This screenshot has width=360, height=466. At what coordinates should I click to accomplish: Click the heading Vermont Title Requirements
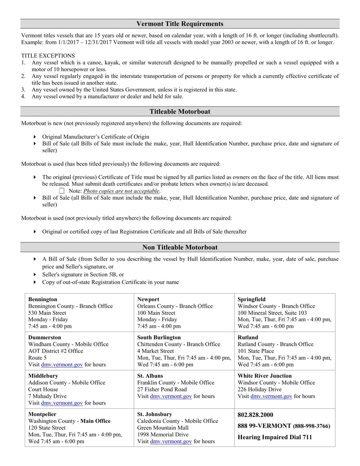[x=180, y=24]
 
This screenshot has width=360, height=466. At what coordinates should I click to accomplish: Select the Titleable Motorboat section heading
[x=180, y=112]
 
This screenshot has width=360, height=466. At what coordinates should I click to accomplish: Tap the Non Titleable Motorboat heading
[x=180, y=247]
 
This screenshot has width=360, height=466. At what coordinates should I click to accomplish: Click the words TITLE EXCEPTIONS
[x=48, y=56]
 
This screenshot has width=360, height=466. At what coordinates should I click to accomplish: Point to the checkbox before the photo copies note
[x=62, y=191]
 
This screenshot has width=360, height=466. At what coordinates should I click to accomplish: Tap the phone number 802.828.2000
[x=255, y=415]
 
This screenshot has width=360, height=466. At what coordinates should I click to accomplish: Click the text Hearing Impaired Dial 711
[x=275, y=437]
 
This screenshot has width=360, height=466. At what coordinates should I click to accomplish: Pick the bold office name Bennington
[x=42, y=299]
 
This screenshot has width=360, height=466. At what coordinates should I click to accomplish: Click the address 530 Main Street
[x=47, y=313]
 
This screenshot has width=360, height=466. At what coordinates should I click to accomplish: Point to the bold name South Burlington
[x=159, y=337]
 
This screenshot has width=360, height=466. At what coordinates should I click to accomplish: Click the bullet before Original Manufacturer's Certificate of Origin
[x=35, y=137]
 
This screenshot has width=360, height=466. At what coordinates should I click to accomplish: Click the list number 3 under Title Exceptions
[x=23, y=90]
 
